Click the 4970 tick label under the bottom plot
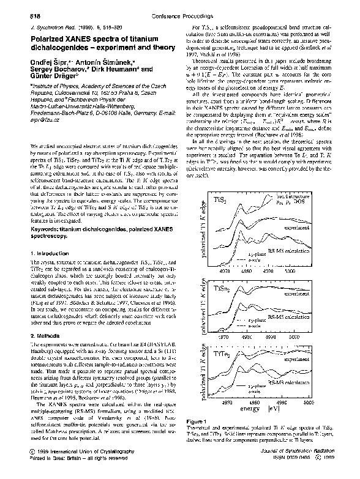225,421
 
